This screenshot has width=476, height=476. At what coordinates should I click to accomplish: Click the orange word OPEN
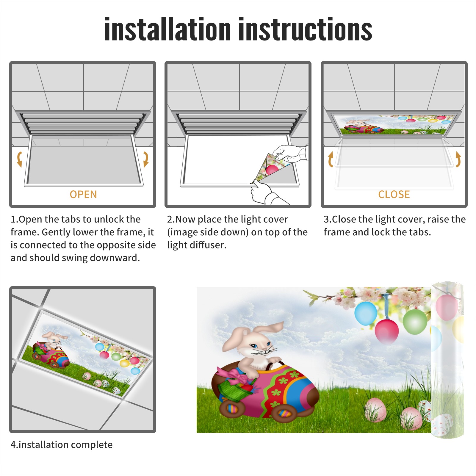(83, 195)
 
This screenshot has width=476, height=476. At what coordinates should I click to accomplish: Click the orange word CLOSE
(394, 195)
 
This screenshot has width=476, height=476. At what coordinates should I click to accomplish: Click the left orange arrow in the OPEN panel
(19, 159)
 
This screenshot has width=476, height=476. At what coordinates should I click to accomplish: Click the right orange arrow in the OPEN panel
(146, 159)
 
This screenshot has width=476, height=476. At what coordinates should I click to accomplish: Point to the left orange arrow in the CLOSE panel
(331, 159)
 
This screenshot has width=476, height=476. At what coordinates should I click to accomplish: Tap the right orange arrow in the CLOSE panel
(458, 159)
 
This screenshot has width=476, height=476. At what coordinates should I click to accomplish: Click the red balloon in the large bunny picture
(386, 331)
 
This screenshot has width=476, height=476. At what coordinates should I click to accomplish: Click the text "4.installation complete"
(62, 445)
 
